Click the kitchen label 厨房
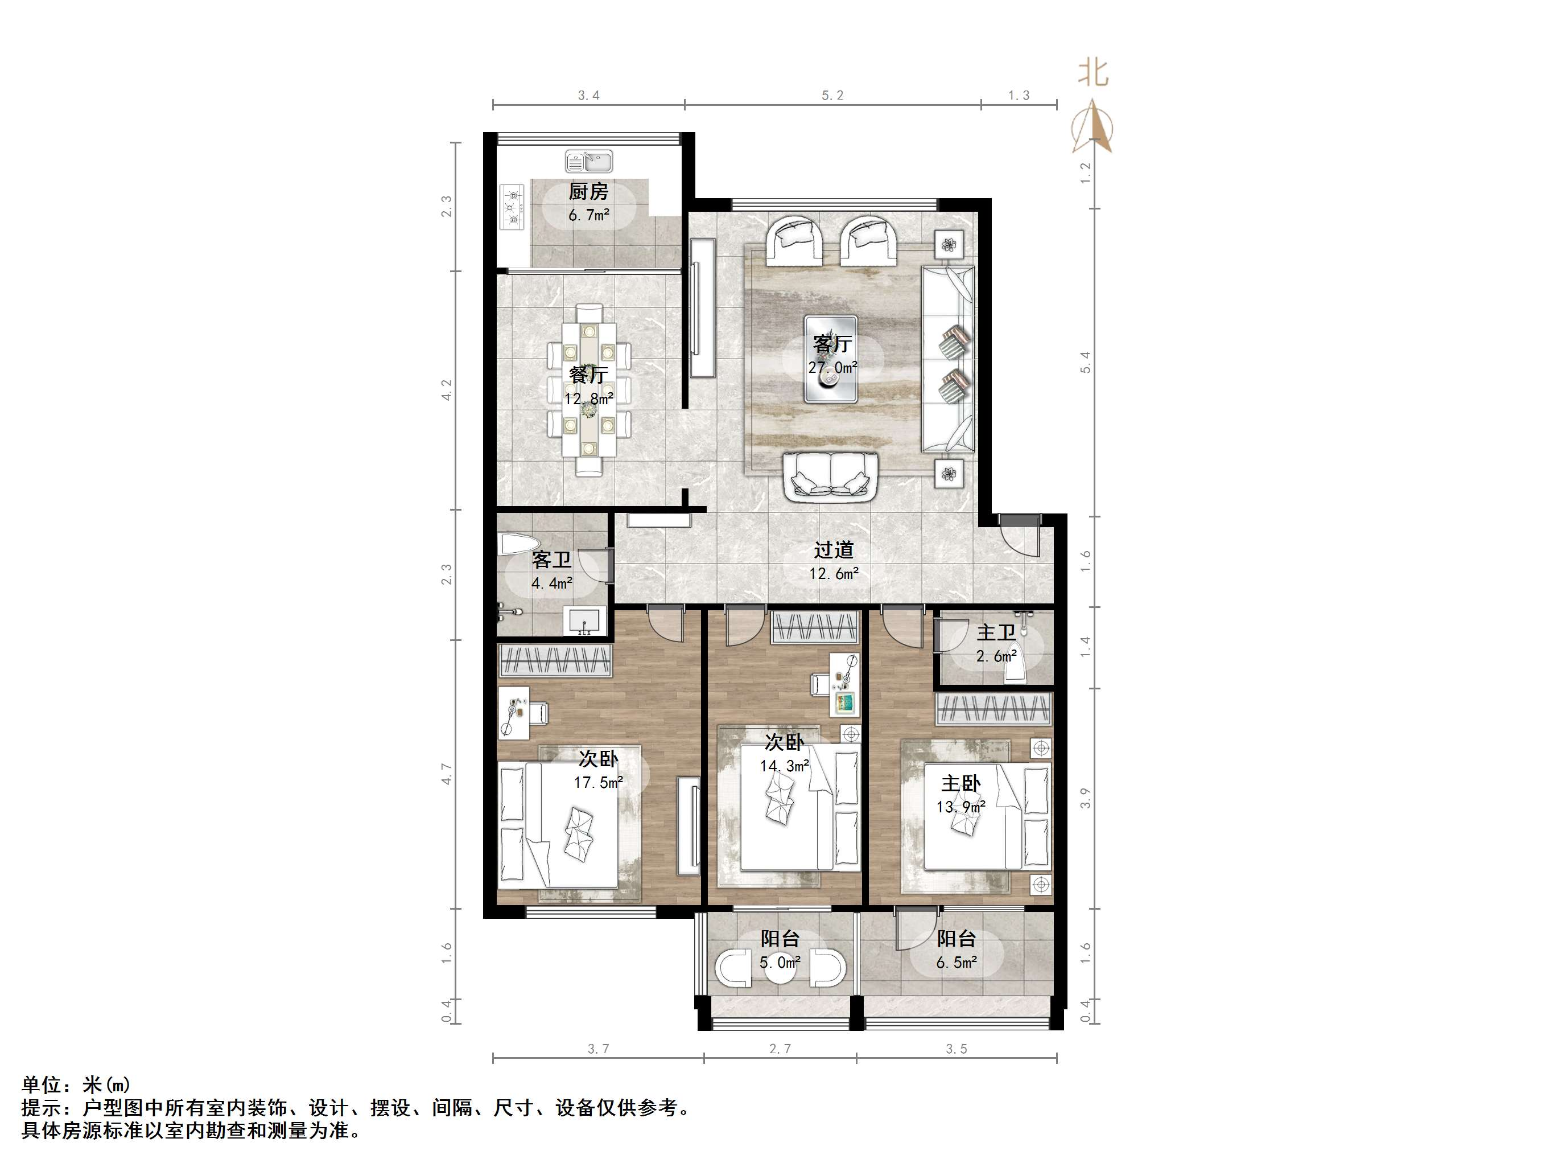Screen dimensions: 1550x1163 click(588, 191)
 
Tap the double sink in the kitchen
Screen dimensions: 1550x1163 click(588, 162)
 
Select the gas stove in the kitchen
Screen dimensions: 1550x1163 click(512, 206)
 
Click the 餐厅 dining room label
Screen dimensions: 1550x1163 click(588, 375)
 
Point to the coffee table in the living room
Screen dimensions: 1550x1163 click(831, 359)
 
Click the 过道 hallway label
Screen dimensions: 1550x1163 click(834, 550)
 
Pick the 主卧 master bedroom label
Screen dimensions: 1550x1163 click(960, 784)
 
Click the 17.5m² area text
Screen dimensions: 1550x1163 click(599, 782)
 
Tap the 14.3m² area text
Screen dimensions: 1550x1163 click(785, 766)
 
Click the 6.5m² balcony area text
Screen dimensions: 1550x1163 click(957, 963)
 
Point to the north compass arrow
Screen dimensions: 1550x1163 click(1092, 126)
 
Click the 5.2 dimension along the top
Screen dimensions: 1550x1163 click(832, 95)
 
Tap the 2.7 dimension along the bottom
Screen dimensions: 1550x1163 click(780, 1049)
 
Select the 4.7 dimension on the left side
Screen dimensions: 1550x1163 click(446, 774)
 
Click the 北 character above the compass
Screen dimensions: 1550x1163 click(1093, 72)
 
